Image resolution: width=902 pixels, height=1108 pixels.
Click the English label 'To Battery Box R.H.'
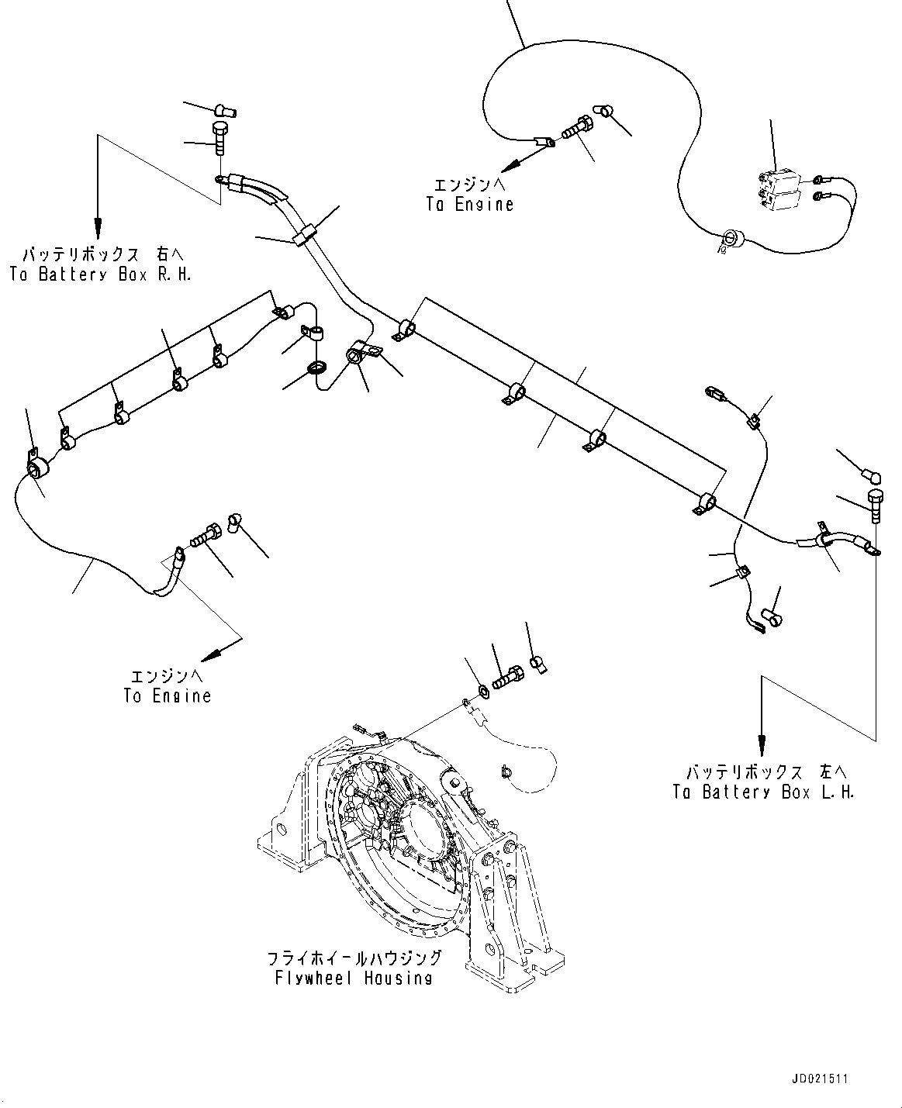pyautogui.click(x=100, y=274)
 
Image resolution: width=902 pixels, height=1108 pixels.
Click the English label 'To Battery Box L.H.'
pyautogui.click(x=763, y=792)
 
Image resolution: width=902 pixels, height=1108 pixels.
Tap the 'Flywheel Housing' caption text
pyautogui.click(x=353, y=978)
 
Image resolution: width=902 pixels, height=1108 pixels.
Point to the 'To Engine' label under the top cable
pyautogui.click(x=469, y=205)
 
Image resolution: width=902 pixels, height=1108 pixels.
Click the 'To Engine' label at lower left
pyautogui.click(x=167, y=696)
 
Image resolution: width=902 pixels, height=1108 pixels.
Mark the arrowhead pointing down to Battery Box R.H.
pyautogui.click(x=98, y=229)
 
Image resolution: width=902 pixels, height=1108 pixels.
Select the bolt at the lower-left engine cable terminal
pyautogui.click(x=203, y=537)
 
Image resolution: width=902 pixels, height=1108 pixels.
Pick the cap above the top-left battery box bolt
pyautogui.click(x=224, y=109)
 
